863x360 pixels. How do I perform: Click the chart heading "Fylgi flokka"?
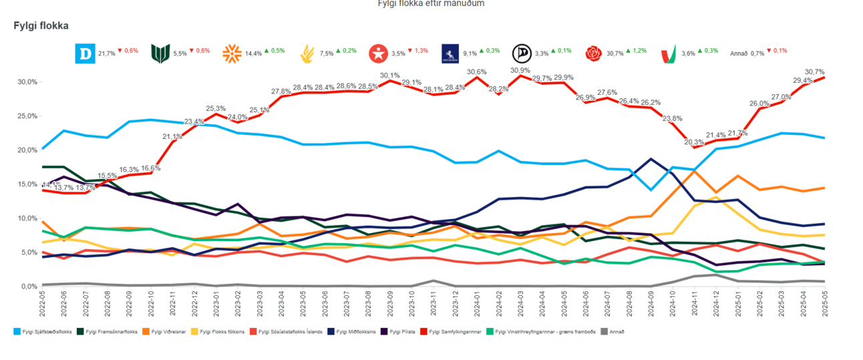point(41,25)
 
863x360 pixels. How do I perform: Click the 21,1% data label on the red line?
point(173,136)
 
